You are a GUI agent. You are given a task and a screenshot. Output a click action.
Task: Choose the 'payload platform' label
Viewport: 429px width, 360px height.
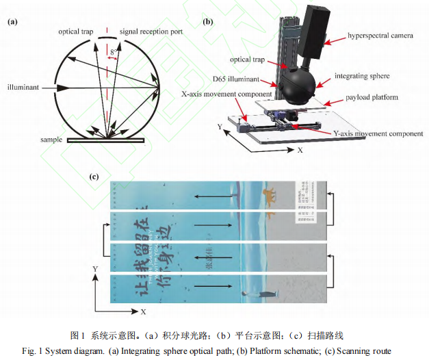(x=370, y=97)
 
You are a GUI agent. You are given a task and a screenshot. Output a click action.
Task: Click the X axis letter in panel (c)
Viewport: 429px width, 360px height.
(x=142, y=311)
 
